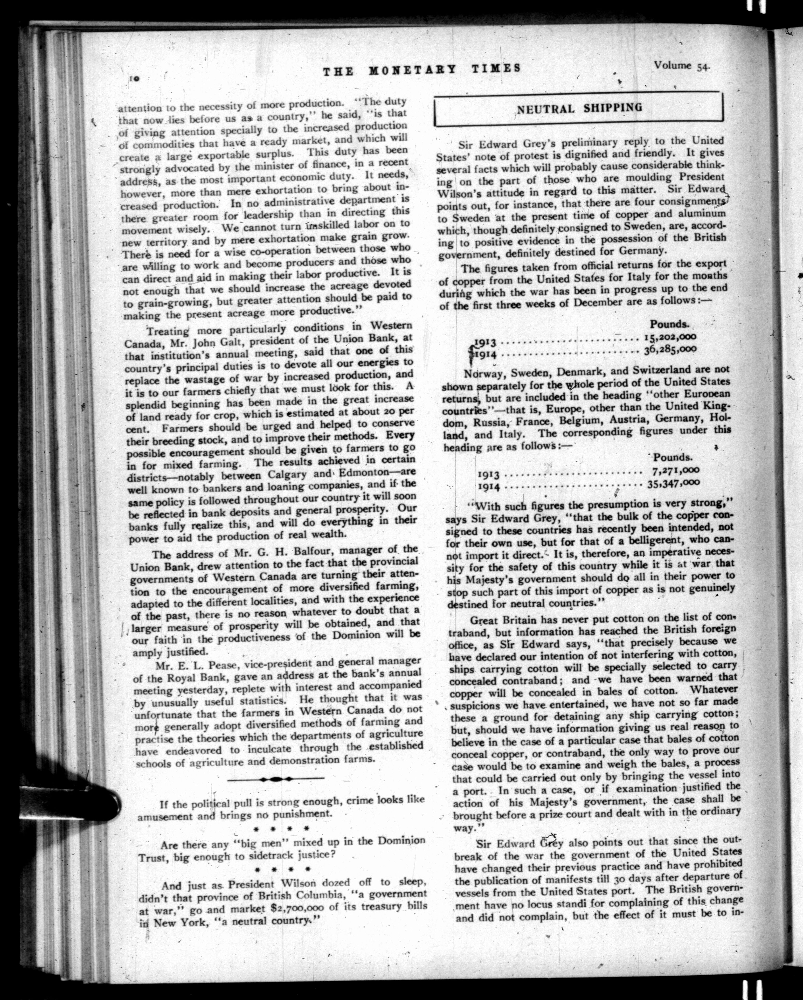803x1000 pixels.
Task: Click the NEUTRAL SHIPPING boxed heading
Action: point(579,108)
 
